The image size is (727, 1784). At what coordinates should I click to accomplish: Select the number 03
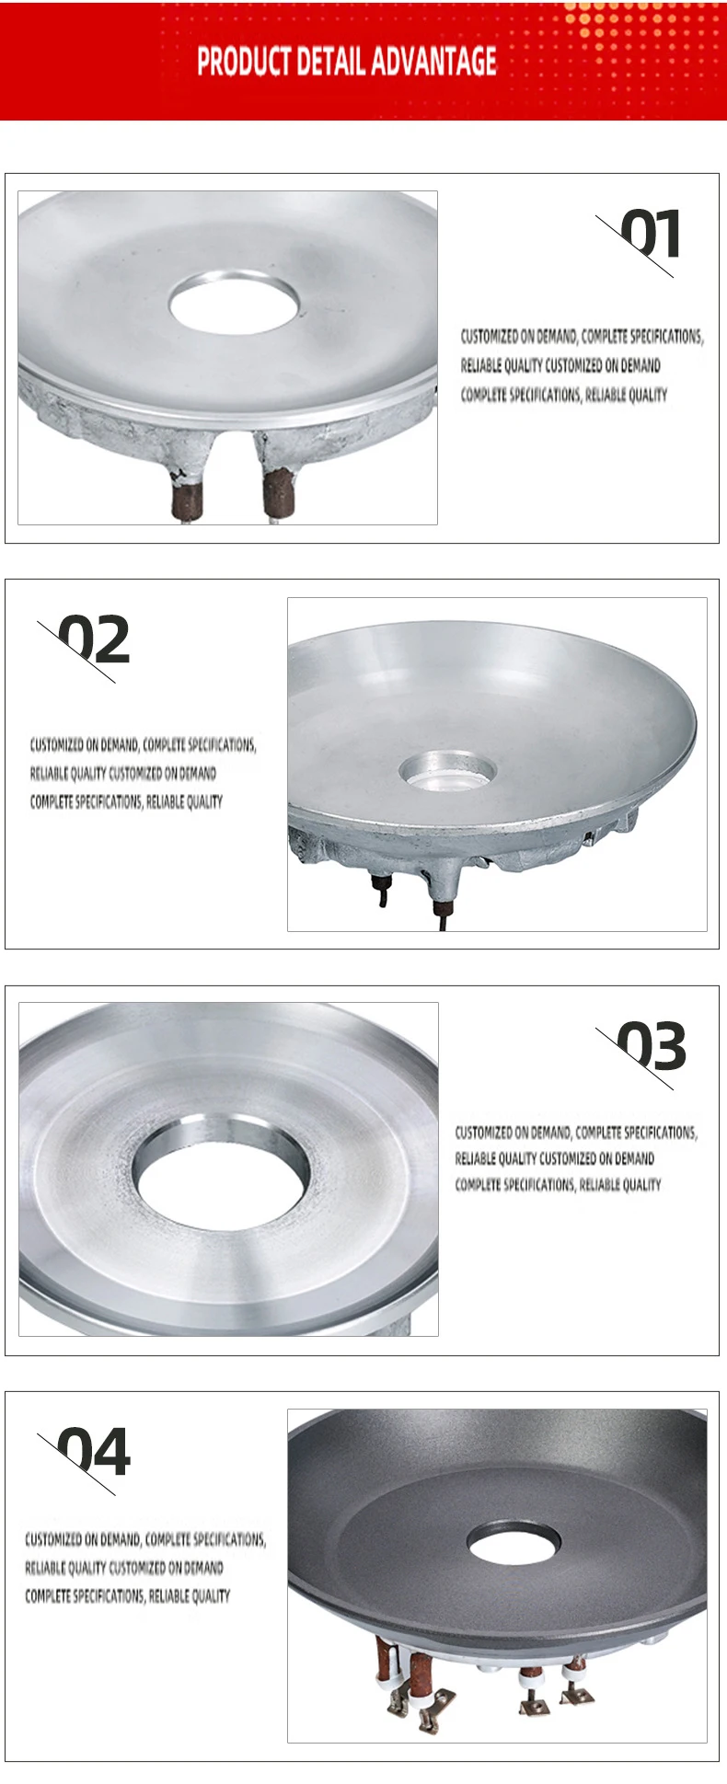tap(652, 1046)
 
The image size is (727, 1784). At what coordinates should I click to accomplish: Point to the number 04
tap(95, 1453)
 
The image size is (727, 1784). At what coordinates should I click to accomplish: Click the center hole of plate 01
tap(234, 301)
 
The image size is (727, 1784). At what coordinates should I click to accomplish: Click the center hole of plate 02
tap(446, 771)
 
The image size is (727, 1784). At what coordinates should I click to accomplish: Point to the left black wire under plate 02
tap(380, 890)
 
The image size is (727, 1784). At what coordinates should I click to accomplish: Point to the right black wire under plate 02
tap(440, 914)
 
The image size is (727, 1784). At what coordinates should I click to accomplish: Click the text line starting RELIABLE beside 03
tap(554, 1158)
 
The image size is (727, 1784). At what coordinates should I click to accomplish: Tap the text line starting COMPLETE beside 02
tap(126, 802)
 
